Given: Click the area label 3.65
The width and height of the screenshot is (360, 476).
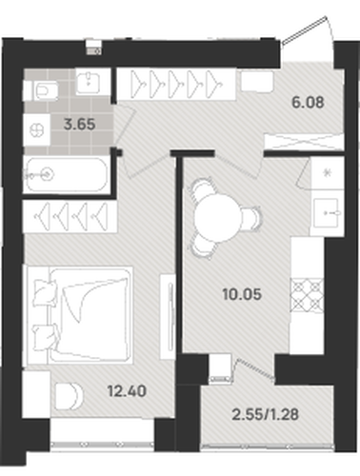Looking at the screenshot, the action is coord(79,124).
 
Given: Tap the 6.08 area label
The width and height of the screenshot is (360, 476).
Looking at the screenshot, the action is coord(308,102).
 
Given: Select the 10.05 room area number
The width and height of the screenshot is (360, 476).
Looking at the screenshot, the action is coord(242,294).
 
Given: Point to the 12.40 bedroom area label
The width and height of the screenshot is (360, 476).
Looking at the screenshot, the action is coord(127,391).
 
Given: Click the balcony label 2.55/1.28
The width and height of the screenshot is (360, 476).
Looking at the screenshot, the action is coord(266,414).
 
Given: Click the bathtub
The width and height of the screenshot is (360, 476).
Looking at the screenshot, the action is coord(67,175).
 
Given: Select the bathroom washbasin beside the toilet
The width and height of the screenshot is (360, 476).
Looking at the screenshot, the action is coord(89,82).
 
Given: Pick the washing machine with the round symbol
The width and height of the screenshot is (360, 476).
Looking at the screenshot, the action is coord(37,130).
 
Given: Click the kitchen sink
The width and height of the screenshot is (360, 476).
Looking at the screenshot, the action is coord(327,213).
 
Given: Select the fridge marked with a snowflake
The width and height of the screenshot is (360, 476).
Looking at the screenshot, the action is coord(327,173).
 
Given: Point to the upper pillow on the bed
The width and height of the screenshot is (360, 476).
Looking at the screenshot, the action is coord(45,292).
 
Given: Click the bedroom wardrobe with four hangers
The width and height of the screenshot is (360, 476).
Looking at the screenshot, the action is coord(70,216).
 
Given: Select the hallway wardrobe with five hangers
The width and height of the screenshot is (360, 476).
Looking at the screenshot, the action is coord(176,84).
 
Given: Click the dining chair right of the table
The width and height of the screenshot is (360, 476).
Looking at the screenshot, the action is coord(253,218).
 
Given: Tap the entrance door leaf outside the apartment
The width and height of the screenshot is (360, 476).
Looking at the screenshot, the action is coord(304,30).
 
